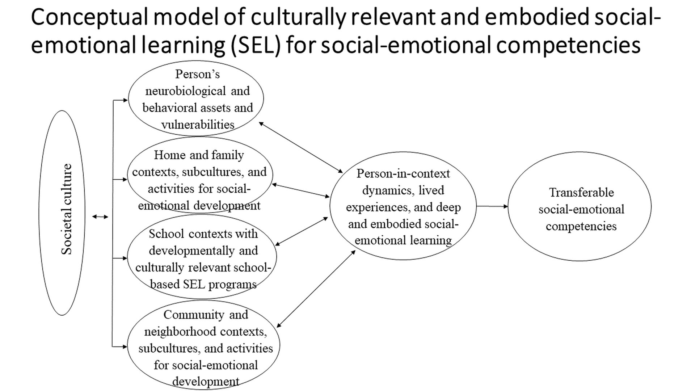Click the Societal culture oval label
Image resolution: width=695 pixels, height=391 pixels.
click(67, 210)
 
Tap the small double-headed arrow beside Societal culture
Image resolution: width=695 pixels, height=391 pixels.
click(100, 217)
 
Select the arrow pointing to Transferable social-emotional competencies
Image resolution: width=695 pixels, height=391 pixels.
click(492, 206)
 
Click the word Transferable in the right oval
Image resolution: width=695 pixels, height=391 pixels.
click(581, 193)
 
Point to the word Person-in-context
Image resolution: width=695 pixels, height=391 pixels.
click(403, 174)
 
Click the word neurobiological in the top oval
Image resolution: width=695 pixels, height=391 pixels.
click(185, 91)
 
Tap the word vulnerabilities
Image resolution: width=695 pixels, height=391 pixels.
click(198, 125)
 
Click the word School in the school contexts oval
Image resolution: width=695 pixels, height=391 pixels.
click(166, 234)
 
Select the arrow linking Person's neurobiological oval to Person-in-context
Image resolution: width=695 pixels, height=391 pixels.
click(301, 148)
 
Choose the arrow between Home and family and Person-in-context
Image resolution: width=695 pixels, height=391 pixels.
click(300, 190)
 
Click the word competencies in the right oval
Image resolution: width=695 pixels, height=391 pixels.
click(581, 226)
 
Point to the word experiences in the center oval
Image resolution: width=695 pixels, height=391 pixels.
click(377, 207)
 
